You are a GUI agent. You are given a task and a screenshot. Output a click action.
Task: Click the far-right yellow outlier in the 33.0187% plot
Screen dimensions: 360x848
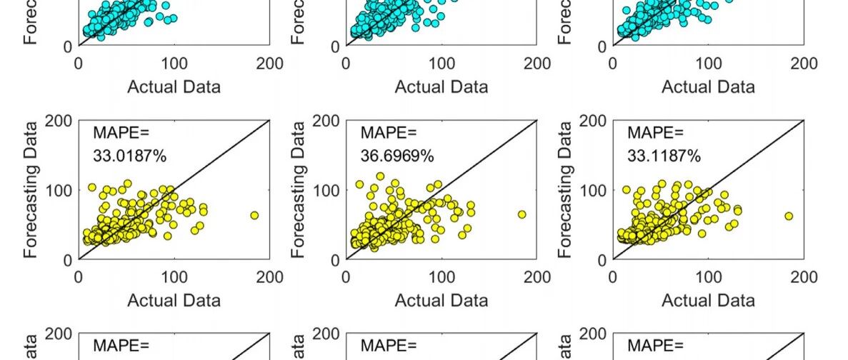point(254,215)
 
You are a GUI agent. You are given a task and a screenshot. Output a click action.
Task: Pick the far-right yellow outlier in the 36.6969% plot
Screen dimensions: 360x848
point(522,214)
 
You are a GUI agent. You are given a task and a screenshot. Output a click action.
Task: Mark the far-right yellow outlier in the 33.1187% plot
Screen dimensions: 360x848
point(789,216)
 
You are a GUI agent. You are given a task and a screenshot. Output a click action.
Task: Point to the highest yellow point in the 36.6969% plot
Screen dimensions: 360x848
point(380,176)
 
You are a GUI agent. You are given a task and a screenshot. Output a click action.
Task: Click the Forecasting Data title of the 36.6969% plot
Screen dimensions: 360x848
point(299,189)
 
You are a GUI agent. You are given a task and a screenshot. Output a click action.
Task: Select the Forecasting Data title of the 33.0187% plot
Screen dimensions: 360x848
point(31,189)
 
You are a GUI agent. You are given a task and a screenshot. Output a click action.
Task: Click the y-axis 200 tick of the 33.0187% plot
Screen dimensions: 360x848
point(58,121)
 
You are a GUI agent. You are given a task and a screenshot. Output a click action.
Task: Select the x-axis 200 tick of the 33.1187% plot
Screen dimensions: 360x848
point(804,276)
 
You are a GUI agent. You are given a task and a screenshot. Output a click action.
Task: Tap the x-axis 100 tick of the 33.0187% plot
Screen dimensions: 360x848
point(174,276)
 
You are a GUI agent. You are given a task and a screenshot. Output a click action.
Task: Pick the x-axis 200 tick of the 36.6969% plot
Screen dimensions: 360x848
point(537,276)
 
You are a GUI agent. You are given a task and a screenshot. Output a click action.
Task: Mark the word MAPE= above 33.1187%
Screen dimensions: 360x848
point(655,133)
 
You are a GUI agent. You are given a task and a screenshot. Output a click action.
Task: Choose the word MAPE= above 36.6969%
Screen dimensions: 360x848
point(388,133)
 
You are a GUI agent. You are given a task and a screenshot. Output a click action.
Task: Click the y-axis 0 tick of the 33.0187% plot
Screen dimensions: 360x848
point(66,260)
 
